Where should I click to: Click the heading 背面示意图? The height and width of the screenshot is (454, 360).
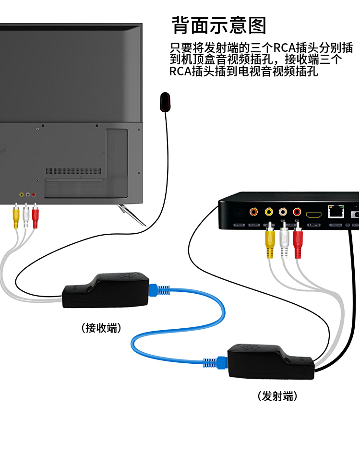(x=218, y=25)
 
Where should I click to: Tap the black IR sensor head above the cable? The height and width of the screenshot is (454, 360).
(x=165, y=102)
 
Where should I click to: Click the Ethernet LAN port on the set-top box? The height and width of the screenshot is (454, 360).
(x=335, y=212)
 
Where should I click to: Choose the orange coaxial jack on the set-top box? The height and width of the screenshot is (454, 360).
(x=253, y=211)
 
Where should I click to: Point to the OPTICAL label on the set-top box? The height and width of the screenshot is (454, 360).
(x=239, y=225)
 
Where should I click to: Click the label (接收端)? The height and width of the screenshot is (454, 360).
(x=101, y=328)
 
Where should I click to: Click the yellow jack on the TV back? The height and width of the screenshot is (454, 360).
(x=21, y=195)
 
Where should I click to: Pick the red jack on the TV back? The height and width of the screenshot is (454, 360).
(x=34, y=195)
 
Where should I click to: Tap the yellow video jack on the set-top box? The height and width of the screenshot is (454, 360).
(x=269, y=211)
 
